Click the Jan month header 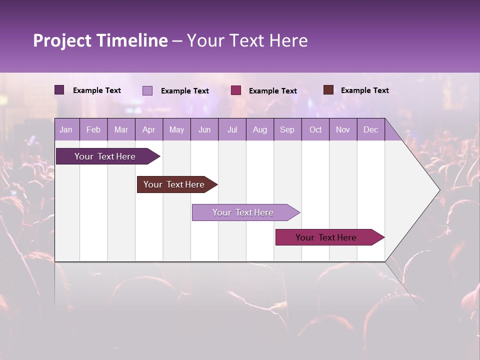tap(66, 129)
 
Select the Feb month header tap(93, 129)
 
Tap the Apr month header tap(148, 129)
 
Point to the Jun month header tap(204, 129)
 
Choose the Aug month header tap(259, 129)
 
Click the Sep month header tap(287, 129)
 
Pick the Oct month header tap(315, 129)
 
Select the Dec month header tap(370, 129)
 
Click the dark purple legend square tap(59, 90)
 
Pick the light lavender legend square tap(147, 90)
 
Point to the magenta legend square tap(236, 90)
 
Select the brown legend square tap(328, 90)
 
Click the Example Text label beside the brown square tap(364, 90)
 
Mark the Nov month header tap(343, 129)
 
